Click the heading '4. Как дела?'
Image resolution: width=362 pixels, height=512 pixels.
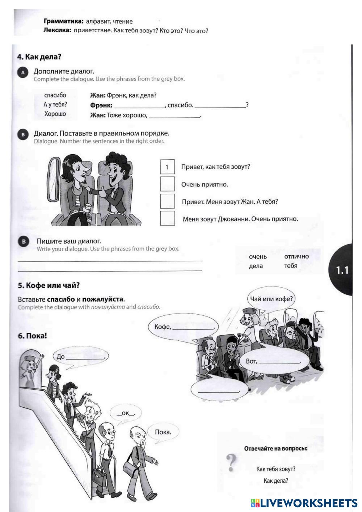pyautogui.click(x=39, y=57)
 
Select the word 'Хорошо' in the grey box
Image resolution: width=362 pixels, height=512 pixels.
pyautogui.click(x=55, y=114)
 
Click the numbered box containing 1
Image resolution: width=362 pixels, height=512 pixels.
pyautogui.click(x=167, y=167)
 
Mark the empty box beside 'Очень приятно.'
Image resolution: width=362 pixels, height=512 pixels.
pyautogui.click(x=167, y=184)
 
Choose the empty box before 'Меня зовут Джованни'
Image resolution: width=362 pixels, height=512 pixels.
pyautogui.click(x=167, y=218)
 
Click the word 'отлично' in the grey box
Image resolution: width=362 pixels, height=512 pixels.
pyautogui.click(x=296, y=256)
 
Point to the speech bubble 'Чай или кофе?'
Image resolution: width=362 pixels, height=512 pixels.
pyautogui.click(x=271, y=299)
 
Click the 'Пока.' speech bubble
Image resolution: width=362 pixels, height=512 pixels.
pyautogui.click(x=163, y=432)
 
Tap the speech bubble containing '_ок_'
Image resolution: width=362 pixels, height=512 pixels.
pyautogui.click(x=126, y=413)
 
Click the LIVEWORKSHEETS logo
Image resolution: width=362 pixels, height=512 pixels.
pyautogui.click(x=304, y=503)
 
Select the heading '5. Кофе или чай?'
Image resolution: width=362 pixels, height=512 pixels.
pyautogui.click(x=49, y=285)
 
